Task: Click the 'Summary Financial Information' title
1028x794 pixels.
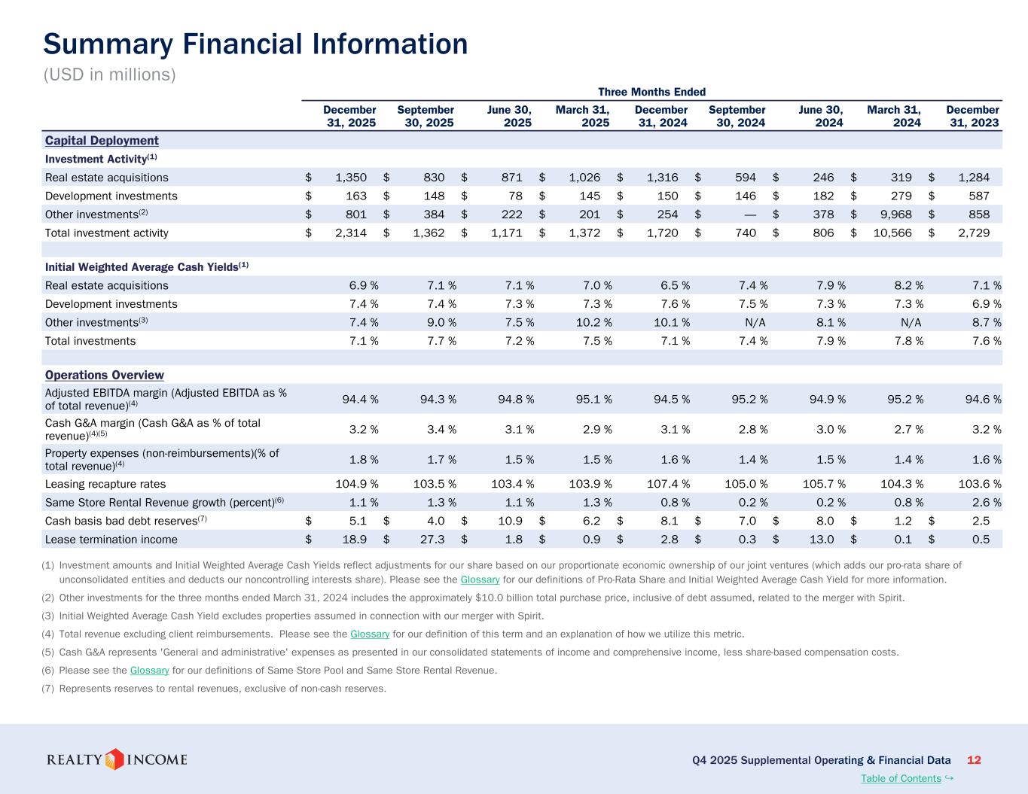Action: point(255,44)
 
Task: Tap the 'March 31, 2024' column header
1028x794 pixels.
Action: point(894,116)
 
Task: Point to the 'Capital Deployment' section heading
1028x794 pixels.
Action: point(102,141)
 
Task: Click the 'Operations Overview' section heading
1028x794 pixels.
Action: point(104,375)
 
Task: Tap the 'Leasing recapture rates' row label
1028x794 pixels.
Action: point(105,484)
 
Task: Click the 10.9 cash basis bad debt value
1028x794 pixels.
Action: point(508,521)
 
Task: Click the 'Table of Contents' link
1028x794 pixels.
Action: point(901,778)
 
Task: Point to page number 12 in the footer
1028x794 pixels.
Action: point(973,759)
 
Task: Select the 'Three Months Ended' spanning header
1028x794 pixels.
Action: point(651,92)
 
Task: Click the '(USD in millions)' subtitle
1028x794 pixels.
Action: point(109,75)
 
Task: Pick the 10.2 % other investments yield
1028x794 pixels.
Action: point(590,322)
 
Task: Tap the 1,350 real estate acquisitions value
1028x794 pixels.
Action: point(351,178)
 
